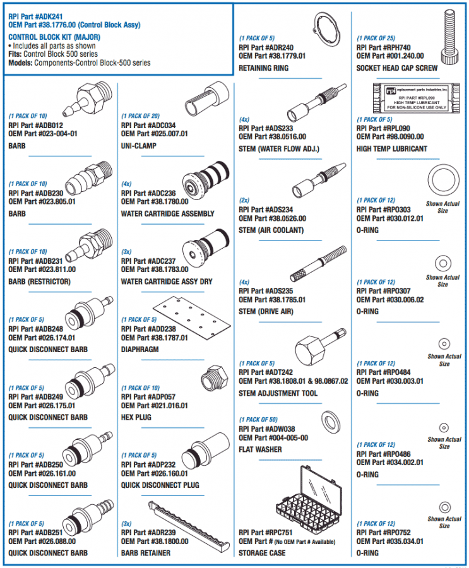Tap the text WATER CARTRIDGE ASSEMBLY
(167, 214)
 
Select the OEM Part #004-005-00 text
(273, 438)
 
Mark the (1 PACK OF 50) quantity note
(258, 420)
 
